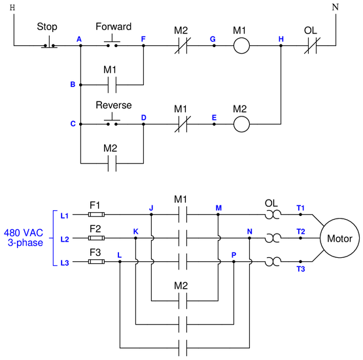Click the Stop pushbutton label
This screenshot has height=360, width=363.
[47, 27]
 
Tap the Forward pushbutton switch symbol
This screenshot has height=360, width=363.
[112, 42]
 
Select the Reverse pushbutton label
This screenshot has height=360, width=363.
[114, 105]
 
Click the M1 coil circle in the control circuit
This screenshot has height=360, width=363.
[241, 46]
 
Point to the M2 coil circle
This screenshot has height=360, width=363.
[241, 124]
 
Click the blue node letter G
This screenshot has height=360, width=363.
[213, 39]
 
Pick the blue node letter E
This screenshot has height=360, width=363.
[214, 118]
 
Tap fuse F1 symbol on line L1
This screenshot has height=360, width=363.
[96, 215]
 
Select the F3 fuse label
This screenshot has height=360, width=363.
[95, 252]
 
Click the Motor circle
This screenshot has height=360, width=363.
[339, 238]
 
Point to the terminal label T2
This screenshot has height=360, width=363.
[301, 232]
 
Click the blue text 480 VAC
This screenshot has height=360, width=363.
[24, 233]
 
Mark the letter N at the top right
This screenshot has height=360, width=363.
[336, 7]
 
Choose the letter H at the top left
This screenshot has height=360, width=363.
[12, 8]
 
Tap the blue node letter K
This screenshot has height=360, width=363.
[135, 232]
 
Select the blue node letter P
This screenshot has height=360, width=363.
[233, 255]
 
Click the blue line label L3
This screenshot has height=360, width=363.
[65, 263]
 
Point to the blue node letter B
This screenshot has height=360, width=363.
[73, 84]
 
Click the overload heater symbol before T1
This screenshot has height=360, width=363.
[273, 215]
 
